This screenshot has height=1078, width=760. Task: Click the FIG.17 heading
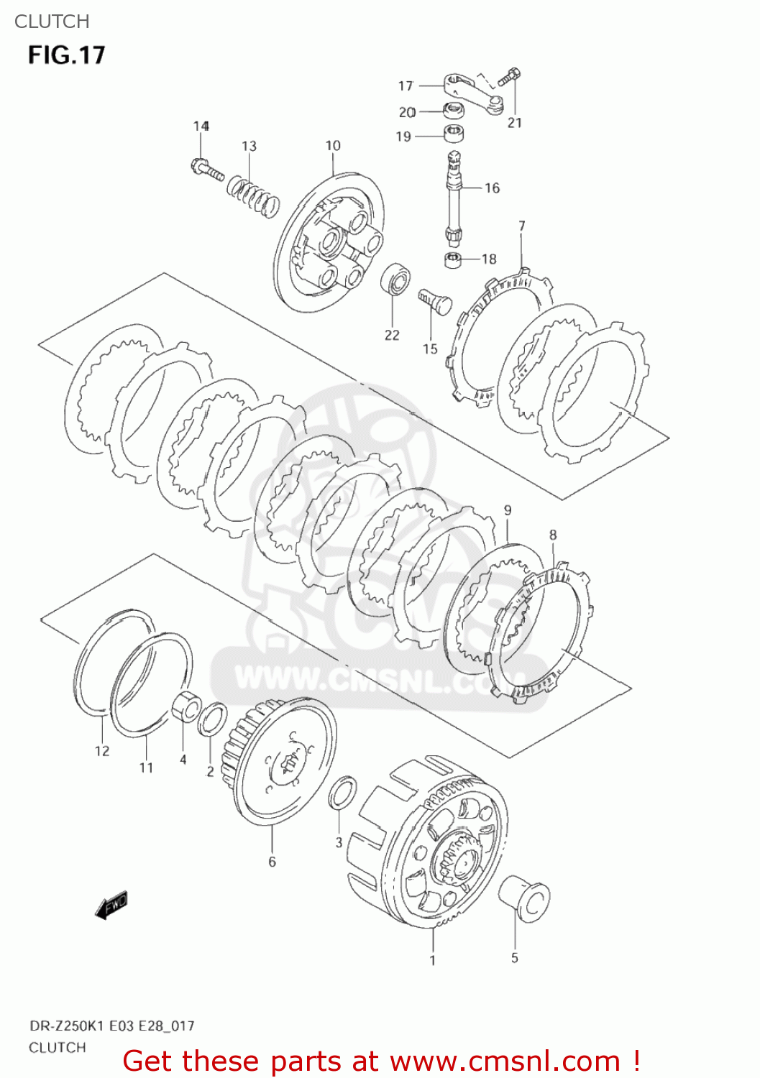[66, 55]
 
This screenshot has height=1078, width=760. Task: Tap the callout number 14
[201, 126]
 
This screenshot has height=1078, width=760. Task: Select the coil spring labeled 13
[253, 195]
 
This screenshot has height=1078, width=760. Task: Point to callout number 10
[332, 146]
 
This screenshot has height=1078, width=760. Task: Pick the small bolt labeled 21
[511, 76]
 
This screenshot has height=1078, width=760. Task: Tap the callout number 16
[492, 188]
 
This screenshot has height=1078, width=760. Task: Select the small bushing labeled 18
[452, 259]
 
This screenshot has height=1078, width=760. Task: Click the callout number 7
[522, 226]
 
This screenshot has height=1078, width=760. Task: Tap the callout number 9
[508, 510]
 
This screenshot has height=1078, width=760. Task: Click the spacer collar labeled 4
[187, 706]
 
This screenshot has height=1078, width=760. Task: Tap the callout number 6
[272, 862]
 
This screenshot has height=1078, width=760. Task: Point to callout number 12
[102, 751]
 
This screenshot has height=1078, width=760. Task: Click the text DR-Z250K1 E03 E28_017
[111, 1026]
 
